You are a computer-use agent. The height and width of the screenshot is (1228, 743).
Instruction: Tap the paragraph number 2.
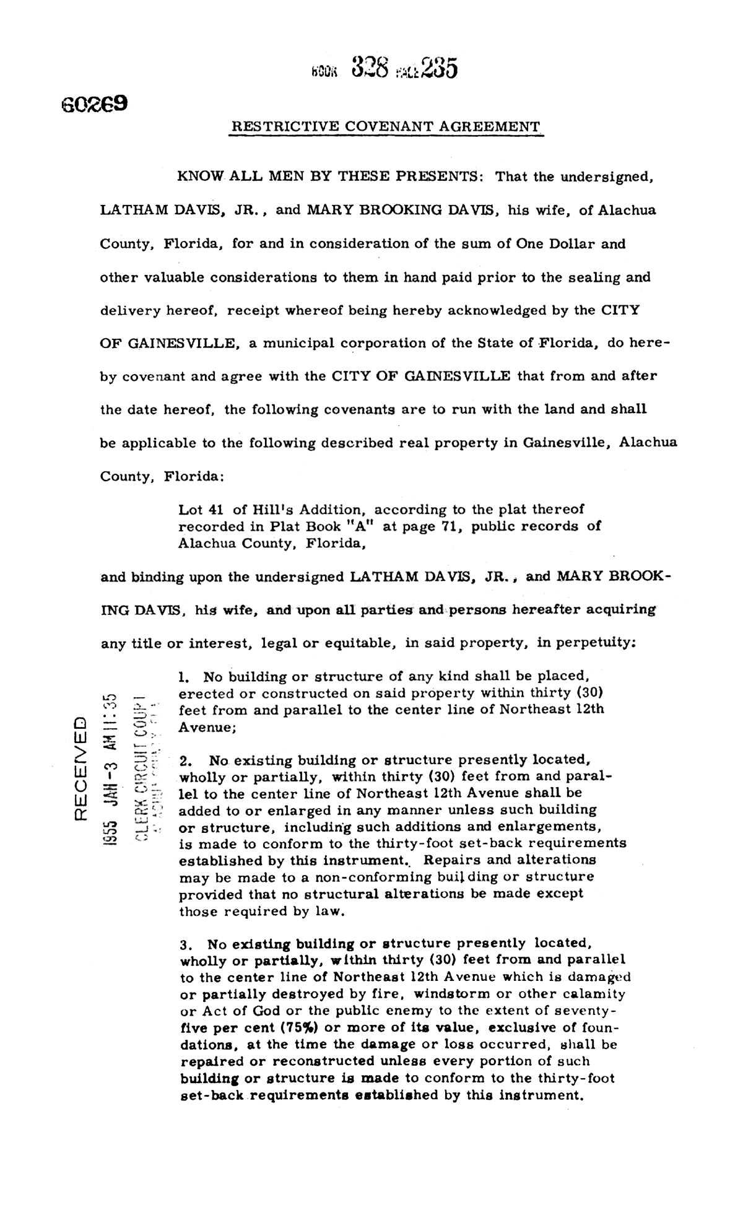click(x=183, y=760)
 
